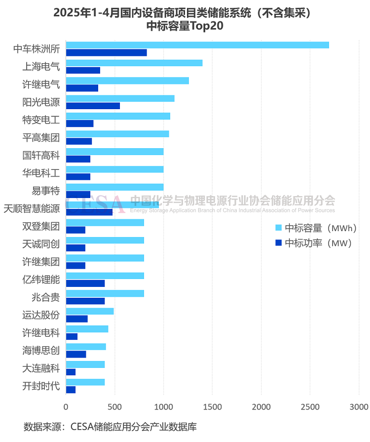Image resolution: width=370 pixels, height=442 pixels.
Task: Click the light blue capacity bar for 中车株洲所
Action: tap(197, 45)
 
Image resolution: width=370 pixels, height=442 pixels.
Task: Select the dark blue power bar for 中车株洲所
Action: tap(106, 53)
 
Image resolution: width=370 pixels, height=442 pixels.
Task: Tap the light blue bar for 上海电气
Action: tap(134, 63)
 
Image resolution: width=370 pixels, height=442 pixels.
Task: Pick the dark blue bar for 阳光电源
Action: tap(93, 106)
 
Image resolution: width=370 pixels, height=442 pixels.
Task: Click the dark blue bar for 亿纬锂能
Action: tap(85, 283)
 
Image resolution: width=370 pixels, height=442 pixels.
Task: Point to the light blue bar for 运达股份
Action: tap(89, 311)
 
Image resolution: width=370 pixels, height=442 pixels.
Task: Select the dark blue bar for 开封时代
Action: tap(71, 390)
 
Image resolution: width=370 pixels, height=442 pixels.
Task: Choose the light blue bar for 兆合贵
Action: tap(105, 293)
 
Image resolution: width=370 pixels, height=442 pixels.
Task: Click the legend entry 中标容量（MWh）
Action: tap(313, 228)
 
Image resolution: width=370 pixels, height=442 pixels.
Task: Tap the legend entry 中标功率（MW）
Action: tap(313, 242)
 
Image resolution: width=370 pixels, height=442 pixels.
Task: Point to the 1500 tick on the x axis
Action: tap(212, 406)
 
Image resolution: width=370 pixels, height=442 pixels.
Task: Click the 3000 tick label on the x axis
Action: tap(359, 406)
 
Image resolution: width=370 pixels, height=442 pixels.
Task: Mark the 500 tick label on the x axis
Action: tap(114, 406)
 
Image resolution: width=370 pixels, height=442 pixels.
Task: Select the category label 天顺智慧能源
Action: tap(32, 209)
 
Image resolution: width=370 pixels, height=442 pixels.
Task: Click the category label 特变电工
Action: tap(41, 120)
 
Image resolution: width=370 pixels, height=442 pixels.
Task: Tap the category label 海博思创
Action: tap(41, 351)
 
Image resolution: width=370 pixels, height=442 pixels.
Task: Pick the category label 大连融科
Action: tap(41, 368)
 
